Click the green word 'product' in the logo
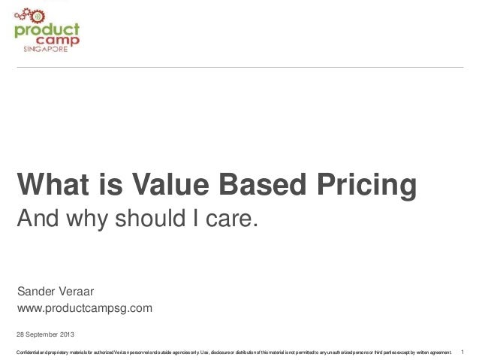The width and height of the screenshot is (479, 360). [x=47, y=30]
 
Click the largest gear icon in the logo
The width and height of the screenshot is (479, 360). [x=22, y=16]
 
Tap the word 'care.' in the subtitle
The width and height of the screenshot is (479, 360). [x=232, y=220]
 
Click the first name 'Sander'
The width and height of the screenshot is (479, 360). [x=37, y=291]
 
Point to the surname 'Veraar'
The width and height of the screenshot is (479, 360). [x=79, y=291]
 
